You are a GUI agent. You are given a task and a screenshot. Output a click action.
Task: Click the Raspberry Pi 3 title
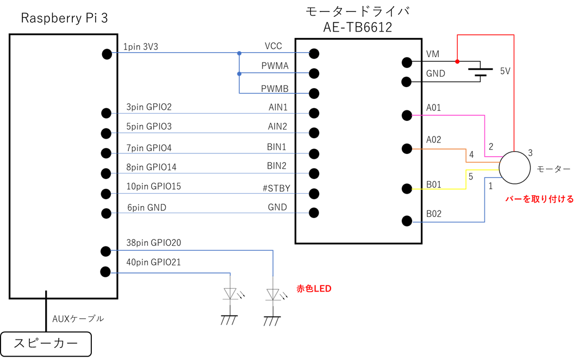click(x=64, y=18)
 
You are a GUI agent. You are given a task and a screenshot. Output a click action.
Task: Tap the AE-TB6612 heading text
click(x=358, y=27)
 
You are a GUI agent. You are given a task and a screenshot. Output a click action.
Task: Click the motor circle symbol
click(x=515, y=168)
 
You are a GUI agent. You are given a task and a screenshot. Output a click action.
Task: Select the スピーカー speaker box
click(x=46, y=344)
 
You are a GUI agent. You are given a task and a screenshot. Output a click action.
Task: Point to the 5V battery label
click(x=505, y=71)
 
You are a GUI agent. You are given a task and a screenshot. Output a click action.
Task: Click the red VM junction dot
click(x=458, y=61)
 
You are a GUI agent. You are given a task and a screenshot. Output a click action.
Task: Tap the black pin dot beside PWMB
click(x=314, y=93)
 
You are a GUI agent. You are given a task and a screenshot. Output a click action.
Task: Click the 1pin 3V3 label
click(x=140, y=47)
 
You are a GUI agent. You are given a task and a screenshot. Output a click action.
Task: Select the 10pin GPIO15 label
click(x=154, y=186)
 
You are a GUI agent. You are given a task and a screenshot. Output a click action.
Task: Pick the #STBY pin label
click(x=277, y=188)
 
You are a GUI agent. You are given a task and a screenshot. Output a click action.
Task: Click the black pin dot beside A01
click(x=407, y=115)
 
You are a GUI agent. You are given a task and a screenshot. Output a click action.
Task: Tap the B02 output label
click(x=434, y=214)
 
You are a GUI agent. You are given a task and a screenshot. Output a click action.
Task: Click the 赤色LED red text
click(x=314, y=289)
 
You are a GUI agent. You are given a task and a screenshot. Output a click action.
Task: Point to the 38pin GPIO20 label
click(x=154, y=243)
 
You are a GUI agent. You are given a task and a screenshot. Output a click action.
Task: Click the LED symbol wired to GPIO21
click(x=230, y=294)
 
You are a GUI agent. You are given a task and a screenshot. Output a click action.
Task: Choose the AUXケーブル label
click(x=78, y=319)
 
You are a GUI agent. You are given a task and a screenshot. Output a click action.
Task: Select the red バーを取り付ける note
click(x=539, y=199)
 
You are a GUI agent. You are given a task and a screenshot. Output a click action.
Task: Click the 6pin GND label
click(x=147, y=208)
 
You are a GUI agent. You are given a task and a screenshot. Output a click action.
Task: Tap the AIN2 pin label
click(x=277, y=126)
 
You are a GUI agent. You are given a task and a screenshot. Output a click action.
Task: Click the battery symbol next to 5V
click(x=481, y=72)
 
